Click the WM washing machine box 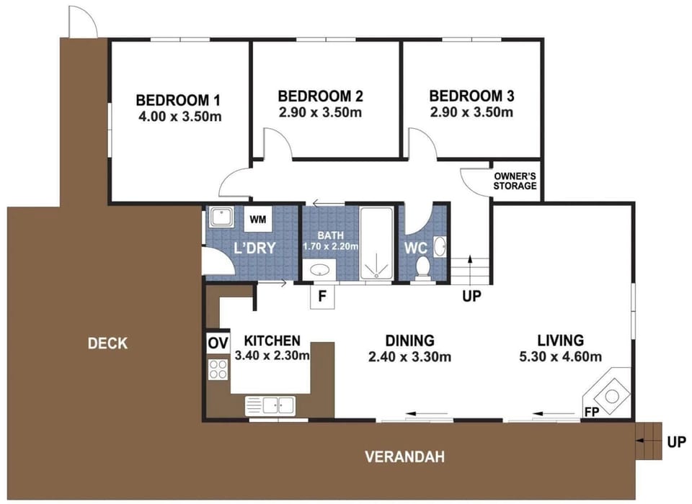tap(258, 219)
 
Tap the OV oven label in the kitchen tap(218, 342)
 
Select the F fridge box tap(322, 297)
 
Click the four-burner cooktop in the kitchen tap(218, 369)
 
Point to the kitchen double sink tap(270, 405)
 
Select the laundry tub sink tap(221, 217)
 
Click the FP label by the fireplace tap(592, 413)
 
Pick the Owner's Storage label tap(515, 181)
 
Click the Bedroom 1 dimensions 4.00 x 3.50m tap(179, 117)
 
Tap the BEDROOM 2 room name tap(320, 96)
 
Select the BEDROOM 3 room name tap(471, 96)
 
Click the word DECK tap(107, 343)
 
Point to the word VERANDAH tap(404, 456)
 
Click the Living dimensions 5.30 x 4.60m tap(561, 356)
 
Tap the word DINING tap(410, 341)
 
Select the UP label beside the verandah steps tap(677, 442)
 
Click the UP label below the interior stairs tap(471, 297)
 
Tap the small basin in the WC tap(440, 246)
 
